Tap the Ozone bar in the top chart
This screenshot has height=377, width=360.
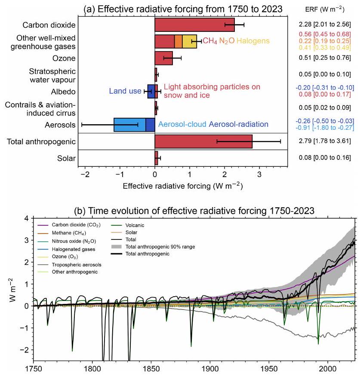pos(163,58)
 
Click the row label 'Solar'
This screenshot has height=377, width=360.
pos(67,159)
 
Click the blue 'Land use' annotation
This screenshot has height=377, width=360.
pos(125,91)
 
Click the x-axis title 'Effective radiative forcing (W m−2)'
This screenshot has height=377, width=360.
pos(182,186)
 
